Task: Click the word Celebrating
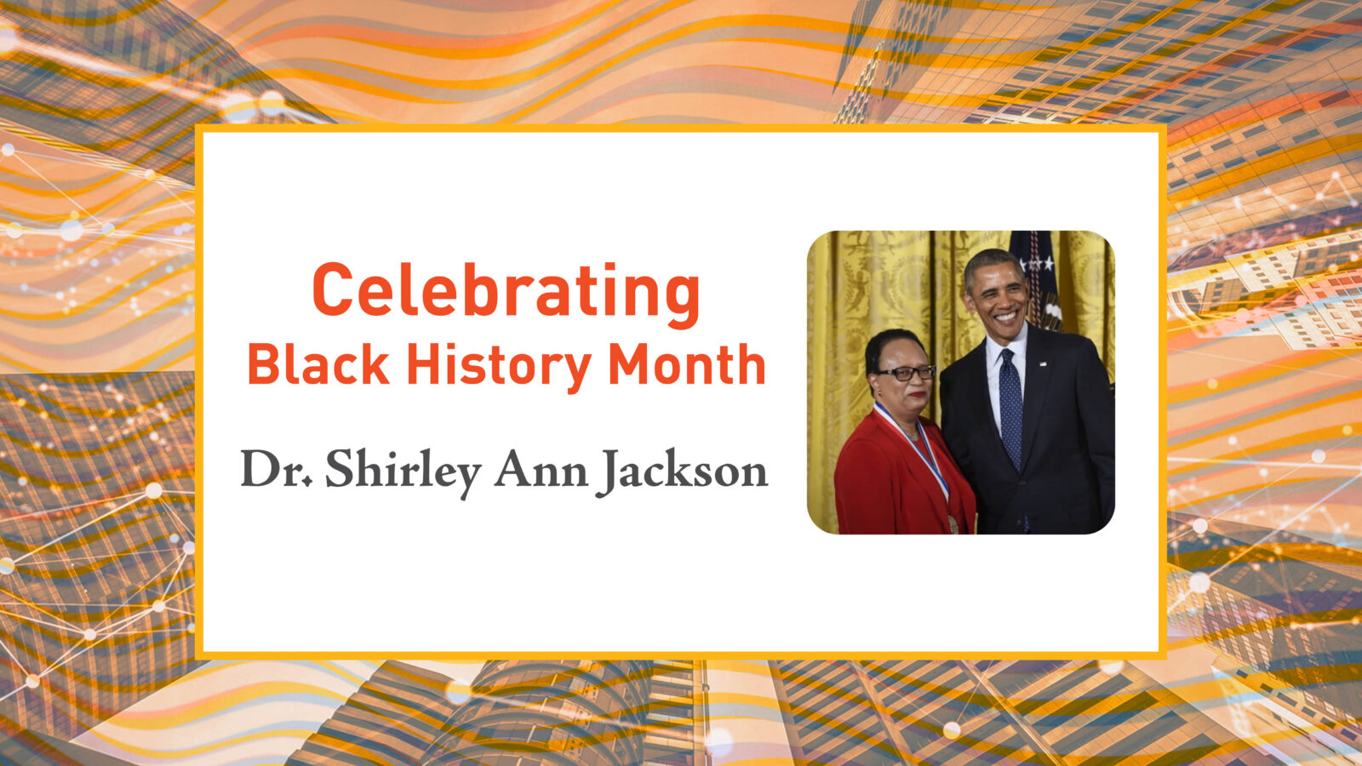tap(506, 291)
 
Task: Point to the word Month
tap(686, 365)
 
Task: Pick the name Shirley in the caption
tap(403, 470)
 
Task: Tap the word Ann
tap(540, 470)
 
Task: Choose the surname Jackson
tap(681, 470)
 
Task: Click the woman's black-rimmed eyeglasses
tap(906, 373)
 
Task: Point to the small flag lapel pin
tap(1043, 363)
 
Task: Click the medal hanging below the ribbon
tap(953, 523)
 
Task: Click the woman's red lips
tap(917, 394)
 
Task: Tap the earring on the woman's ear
tap(879, 393)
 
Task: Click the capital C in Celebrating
tap(333, 291)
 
